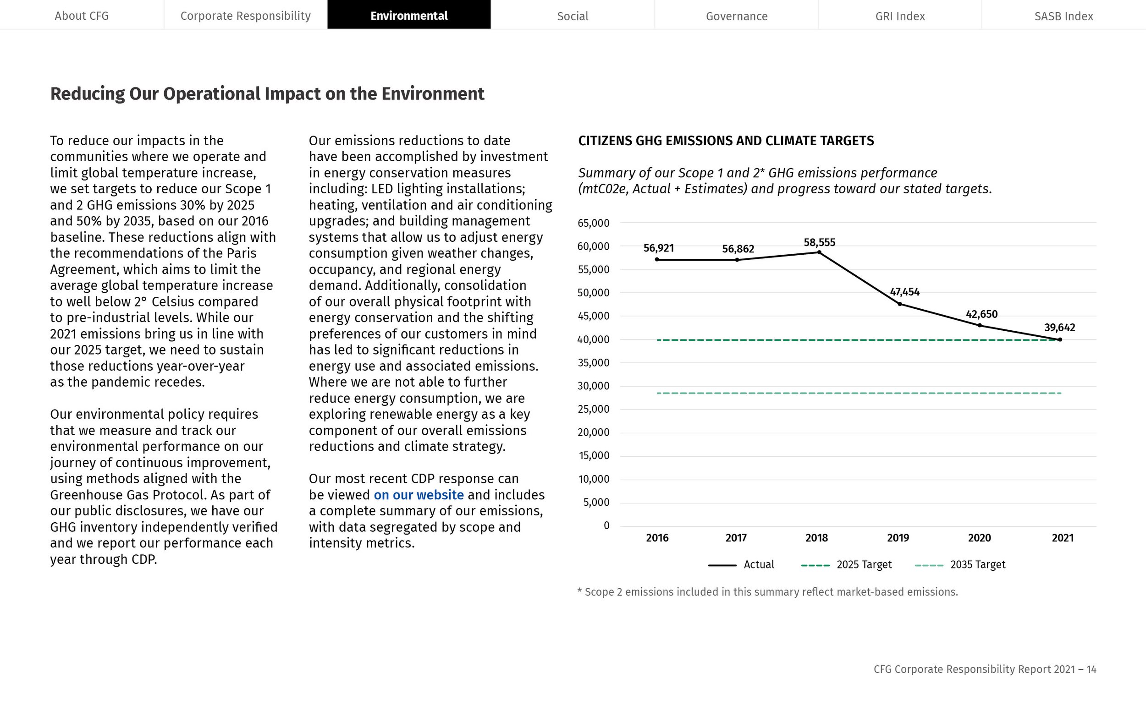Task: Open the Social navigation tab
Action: [572, 16]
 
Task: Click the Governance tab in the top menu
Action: [736, 16]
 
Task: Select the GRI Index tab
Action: [900, 16]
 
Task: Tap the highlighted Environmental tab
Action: [409, 16]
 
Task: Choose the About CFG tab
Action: [82, 16]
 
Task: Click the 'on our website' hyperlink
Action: [419, 495]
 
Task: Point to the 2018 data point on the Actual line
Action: [819, 252]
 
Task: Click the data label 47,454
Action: [904, 292]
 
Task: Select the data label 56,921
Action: [658, 248]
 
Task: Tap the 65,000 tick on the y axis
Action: [593, 223]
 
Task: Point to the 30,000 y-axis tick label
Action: [593, 386]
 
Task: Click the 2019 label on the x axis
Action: [898, 538]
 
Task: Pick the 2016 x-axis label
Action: [657, 538]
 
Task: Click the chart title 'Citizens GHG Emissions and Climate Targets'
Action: [726, 141]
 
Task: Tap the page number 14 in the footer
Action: [1091, 669]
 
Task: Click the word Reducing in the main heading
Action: [88, 94]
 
